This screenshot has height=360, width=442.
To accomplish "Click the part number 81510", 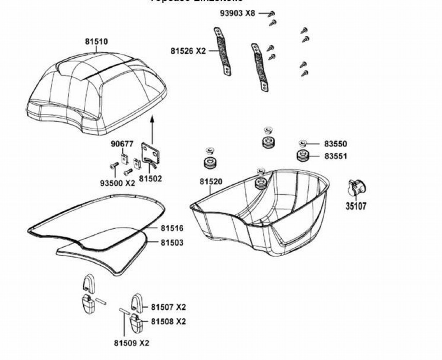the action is pyautogui.click(x=96, y=42).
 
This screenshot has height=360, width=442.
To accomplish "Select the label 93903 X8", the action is pyautogui.click(x=237, y=13).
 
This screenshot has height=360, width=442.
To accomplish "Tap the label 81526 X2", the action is pyautogui.click(x=188, y=51).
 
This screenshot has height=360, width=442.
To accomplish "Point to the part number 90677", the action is pyautogui.click(x=122, y=144).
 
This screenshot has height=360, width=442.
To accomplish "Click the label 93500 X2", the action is pyautogui.click(x=117, y=183).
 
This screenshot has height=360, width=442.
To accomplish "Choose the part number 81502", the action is pyautogui.click(x=151, y=179).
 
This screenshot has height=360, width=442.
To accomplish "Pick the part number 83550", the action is pyautogui.click(x=335, y=144).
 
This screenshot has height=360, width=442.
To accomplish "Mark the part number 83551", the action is pyautogui.click(x=335, y=157).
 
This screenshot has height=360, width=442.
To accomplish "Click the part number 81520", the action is pyautogui.click(x=211, y=182).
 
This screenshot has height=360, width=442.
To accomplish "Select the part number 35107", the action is pyautogui.click(x=356, y=206).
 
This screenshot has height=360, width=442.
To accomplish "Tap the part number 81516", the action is pyautogui.click(x=172, y=228).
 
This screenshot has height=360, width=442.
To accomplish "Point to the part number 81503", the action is pyautogui.click(x=172, y=243).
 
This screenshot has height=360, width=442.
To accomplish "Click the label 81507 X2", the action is pyautogui.click(x=168, y=307).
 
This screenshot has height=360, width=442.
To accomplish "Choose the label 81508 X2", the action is pyautogui.click(x=168, y=321).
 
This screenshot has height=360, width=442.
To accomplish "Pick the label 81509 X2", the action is pyautogui.click(x=131, y=343).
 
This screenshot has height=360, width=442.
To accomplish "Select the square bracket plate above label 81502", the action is pyautogui.click(x=151, y=153).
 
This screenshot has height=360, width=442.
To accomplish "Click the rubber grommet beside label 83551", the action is pyautogui.click(x=303, y=156).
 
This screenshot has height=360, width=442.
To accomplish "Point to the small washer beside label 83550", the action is pyautogui.click(x=302, y=144).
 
